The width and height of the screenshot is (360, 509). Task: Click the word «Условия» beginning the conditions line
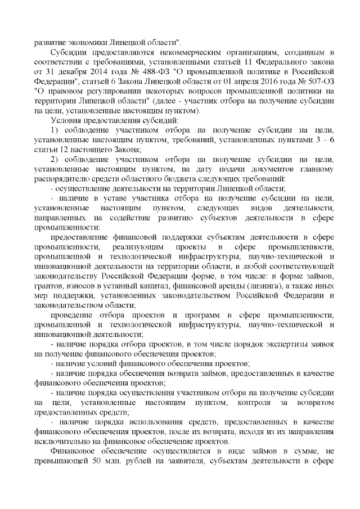click(x=65, y=121)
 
